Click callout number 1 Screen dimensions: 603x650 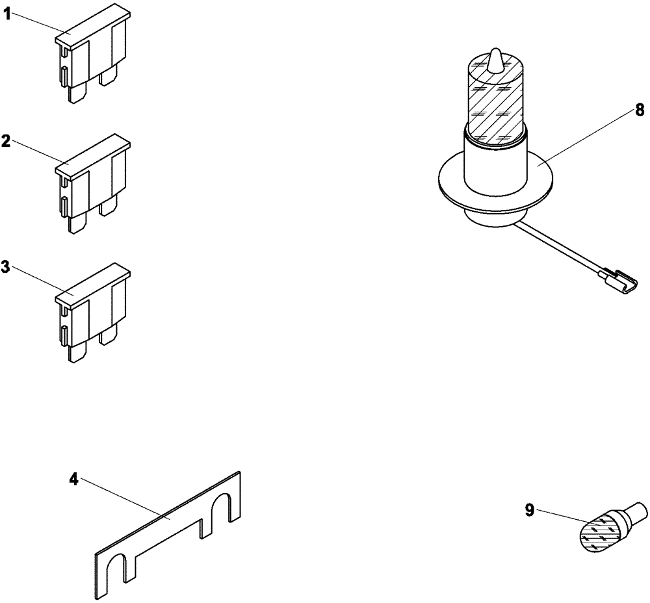pyautogui.click(x=7, y=15)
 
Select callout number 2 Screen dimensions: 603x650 pyautogui.click(x=7, y=141)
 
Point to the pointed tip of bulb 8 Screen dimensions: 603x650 pyautogui.click(x=496, y=56)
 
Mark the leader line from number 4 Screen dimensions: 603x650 pyautogui.click(x=123, y=500)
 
